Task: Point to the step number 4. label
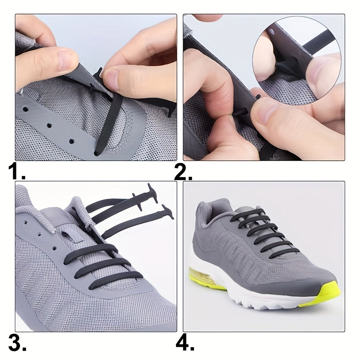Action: [185, 343]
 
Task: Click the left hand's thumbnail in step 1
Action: [66, 56]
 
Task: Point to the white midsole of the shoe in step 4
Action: [256, 296]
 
